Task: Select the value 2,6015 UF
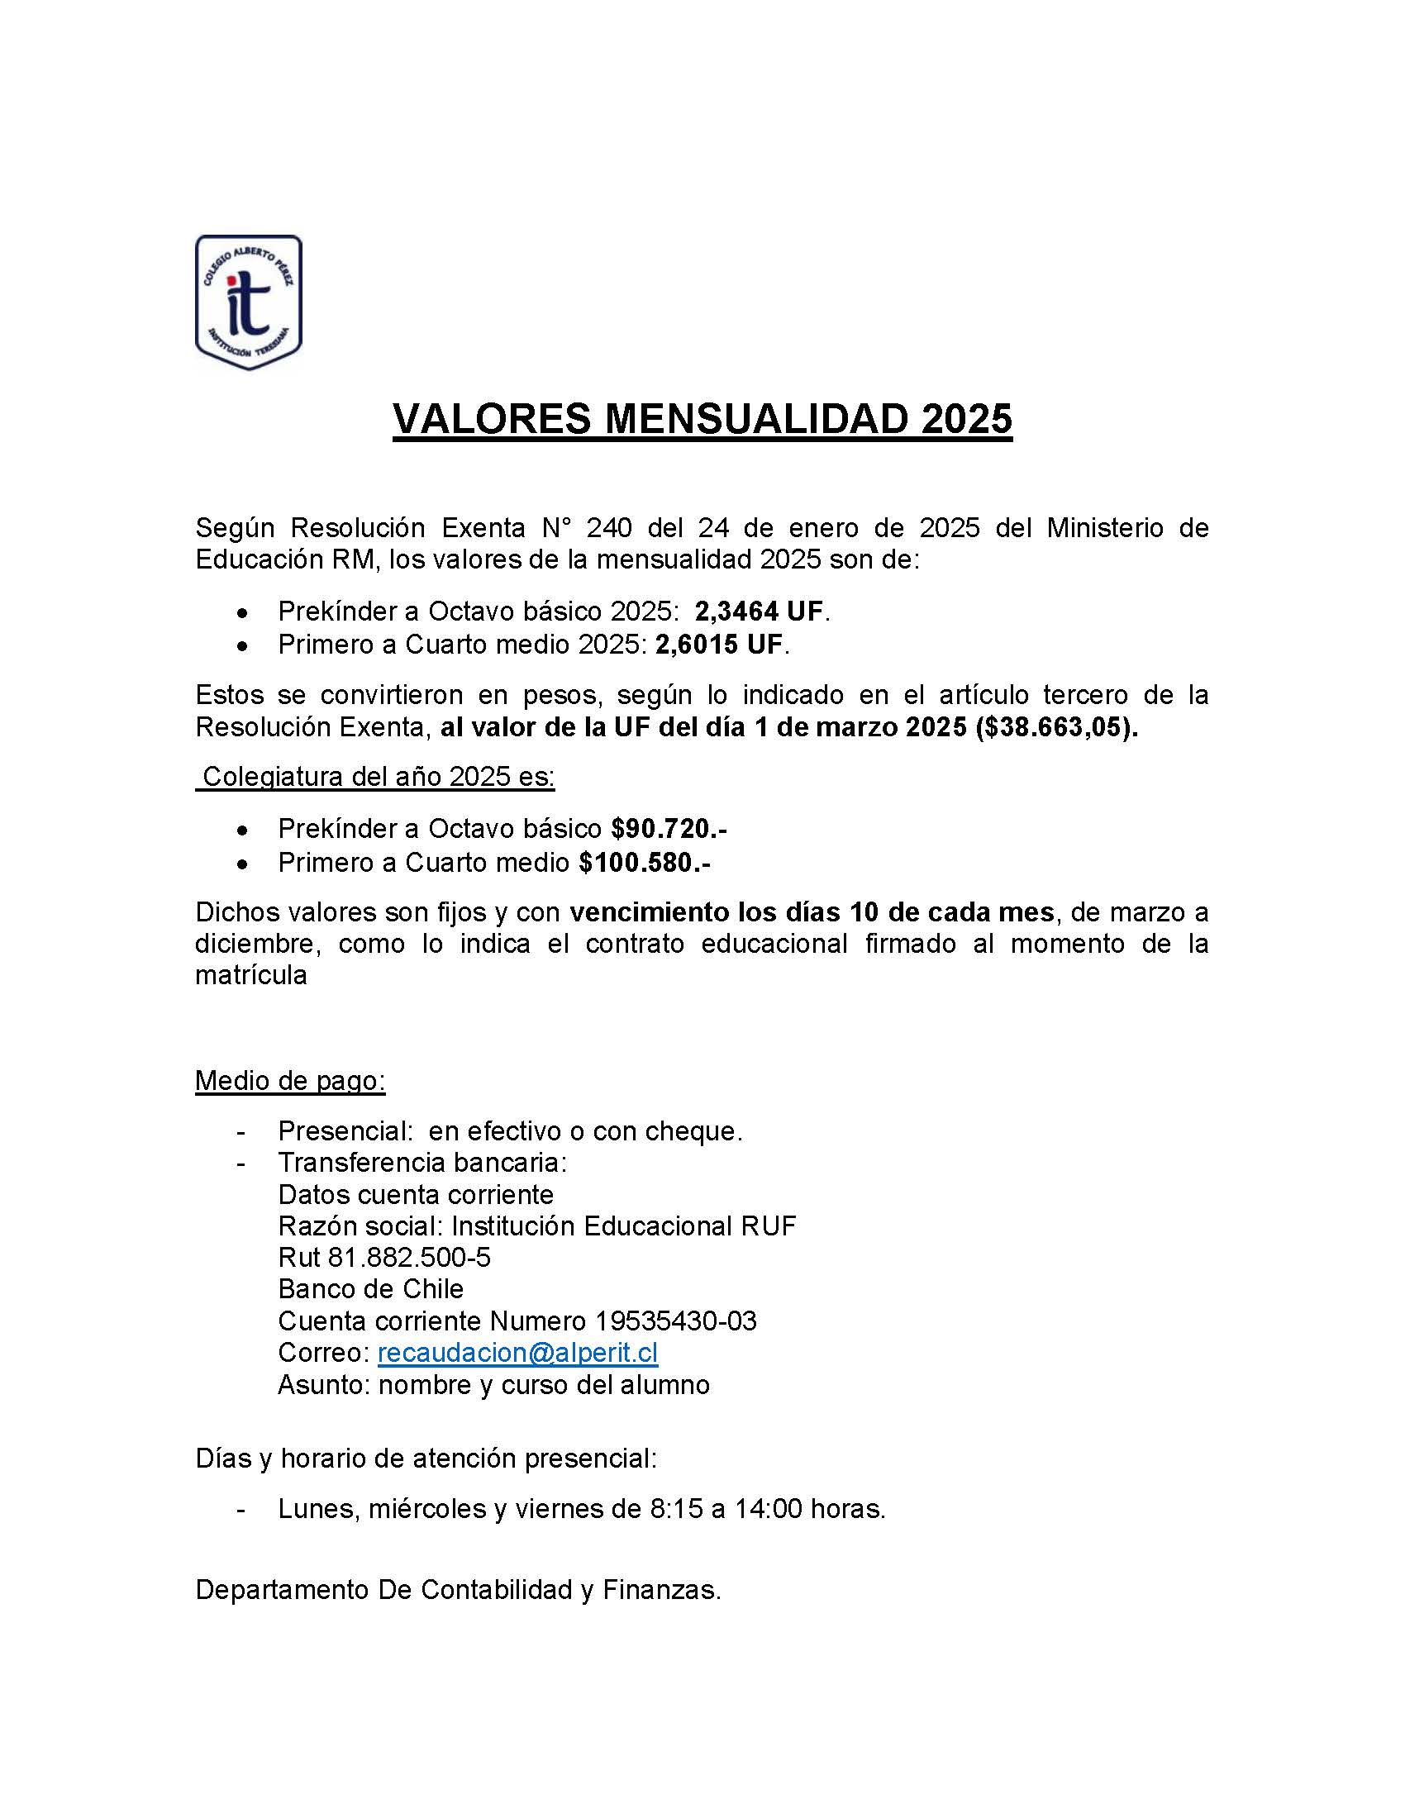tap(719, 645)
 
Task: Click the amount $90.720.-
tap(669, 829)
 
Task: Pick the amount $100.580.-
tap(645, 863)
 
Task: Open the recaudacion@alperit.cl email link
tap(517, 1353)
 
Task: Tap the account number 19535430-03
tap(676, 1321)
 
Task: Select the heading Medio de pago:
tap(289, 1081)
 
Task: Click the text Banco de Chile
tap(370, 1289)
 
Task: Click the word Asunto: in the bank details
tap(324, 1385)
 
